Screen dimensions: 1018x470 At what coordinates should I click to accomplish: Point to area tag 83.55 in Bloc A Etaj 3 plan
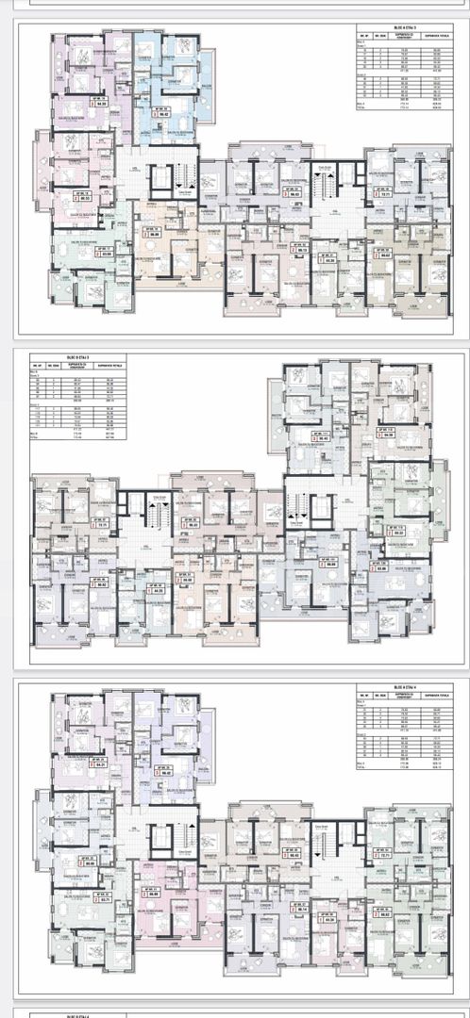tap(104, 253)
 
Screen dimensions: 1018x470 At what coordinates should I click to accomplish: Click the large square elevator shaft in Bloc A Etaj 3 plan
tap(164, 176)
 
